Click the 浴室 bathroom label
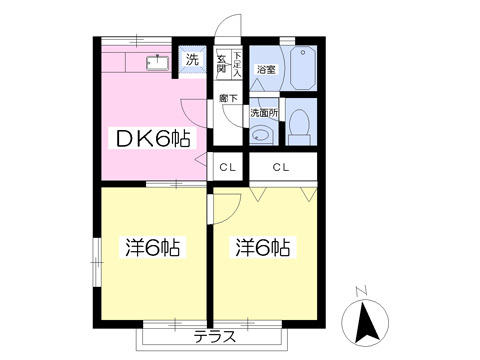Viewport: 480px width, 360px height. coord(265,70)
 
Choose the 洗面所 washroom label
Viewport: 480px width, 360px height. coord(264,112)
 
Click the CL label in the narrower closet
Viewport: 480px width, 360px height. coord(228,167)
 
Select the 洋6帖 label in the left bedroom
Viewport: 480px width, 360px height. coord(151,247)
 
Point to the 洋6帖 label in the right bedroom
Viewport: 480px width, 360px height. coord(264,247)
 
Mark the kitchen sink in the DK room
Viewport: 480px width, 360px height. coord(156,63)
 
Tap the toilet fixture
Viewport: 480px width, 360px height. coord(300,126)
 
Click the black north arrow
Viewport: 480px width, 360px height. coord(365,322)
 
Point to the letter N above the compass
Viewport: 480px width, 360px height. coord(364,291)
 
